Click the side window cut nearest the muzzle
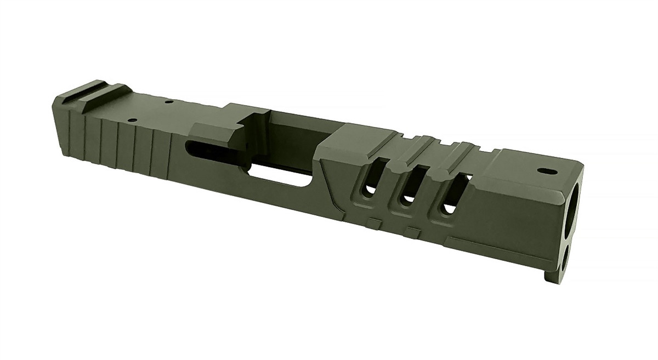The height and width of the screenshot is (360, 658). click(451, 195)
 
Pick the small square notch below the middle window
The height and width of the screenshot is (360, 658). click(408, 230)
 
